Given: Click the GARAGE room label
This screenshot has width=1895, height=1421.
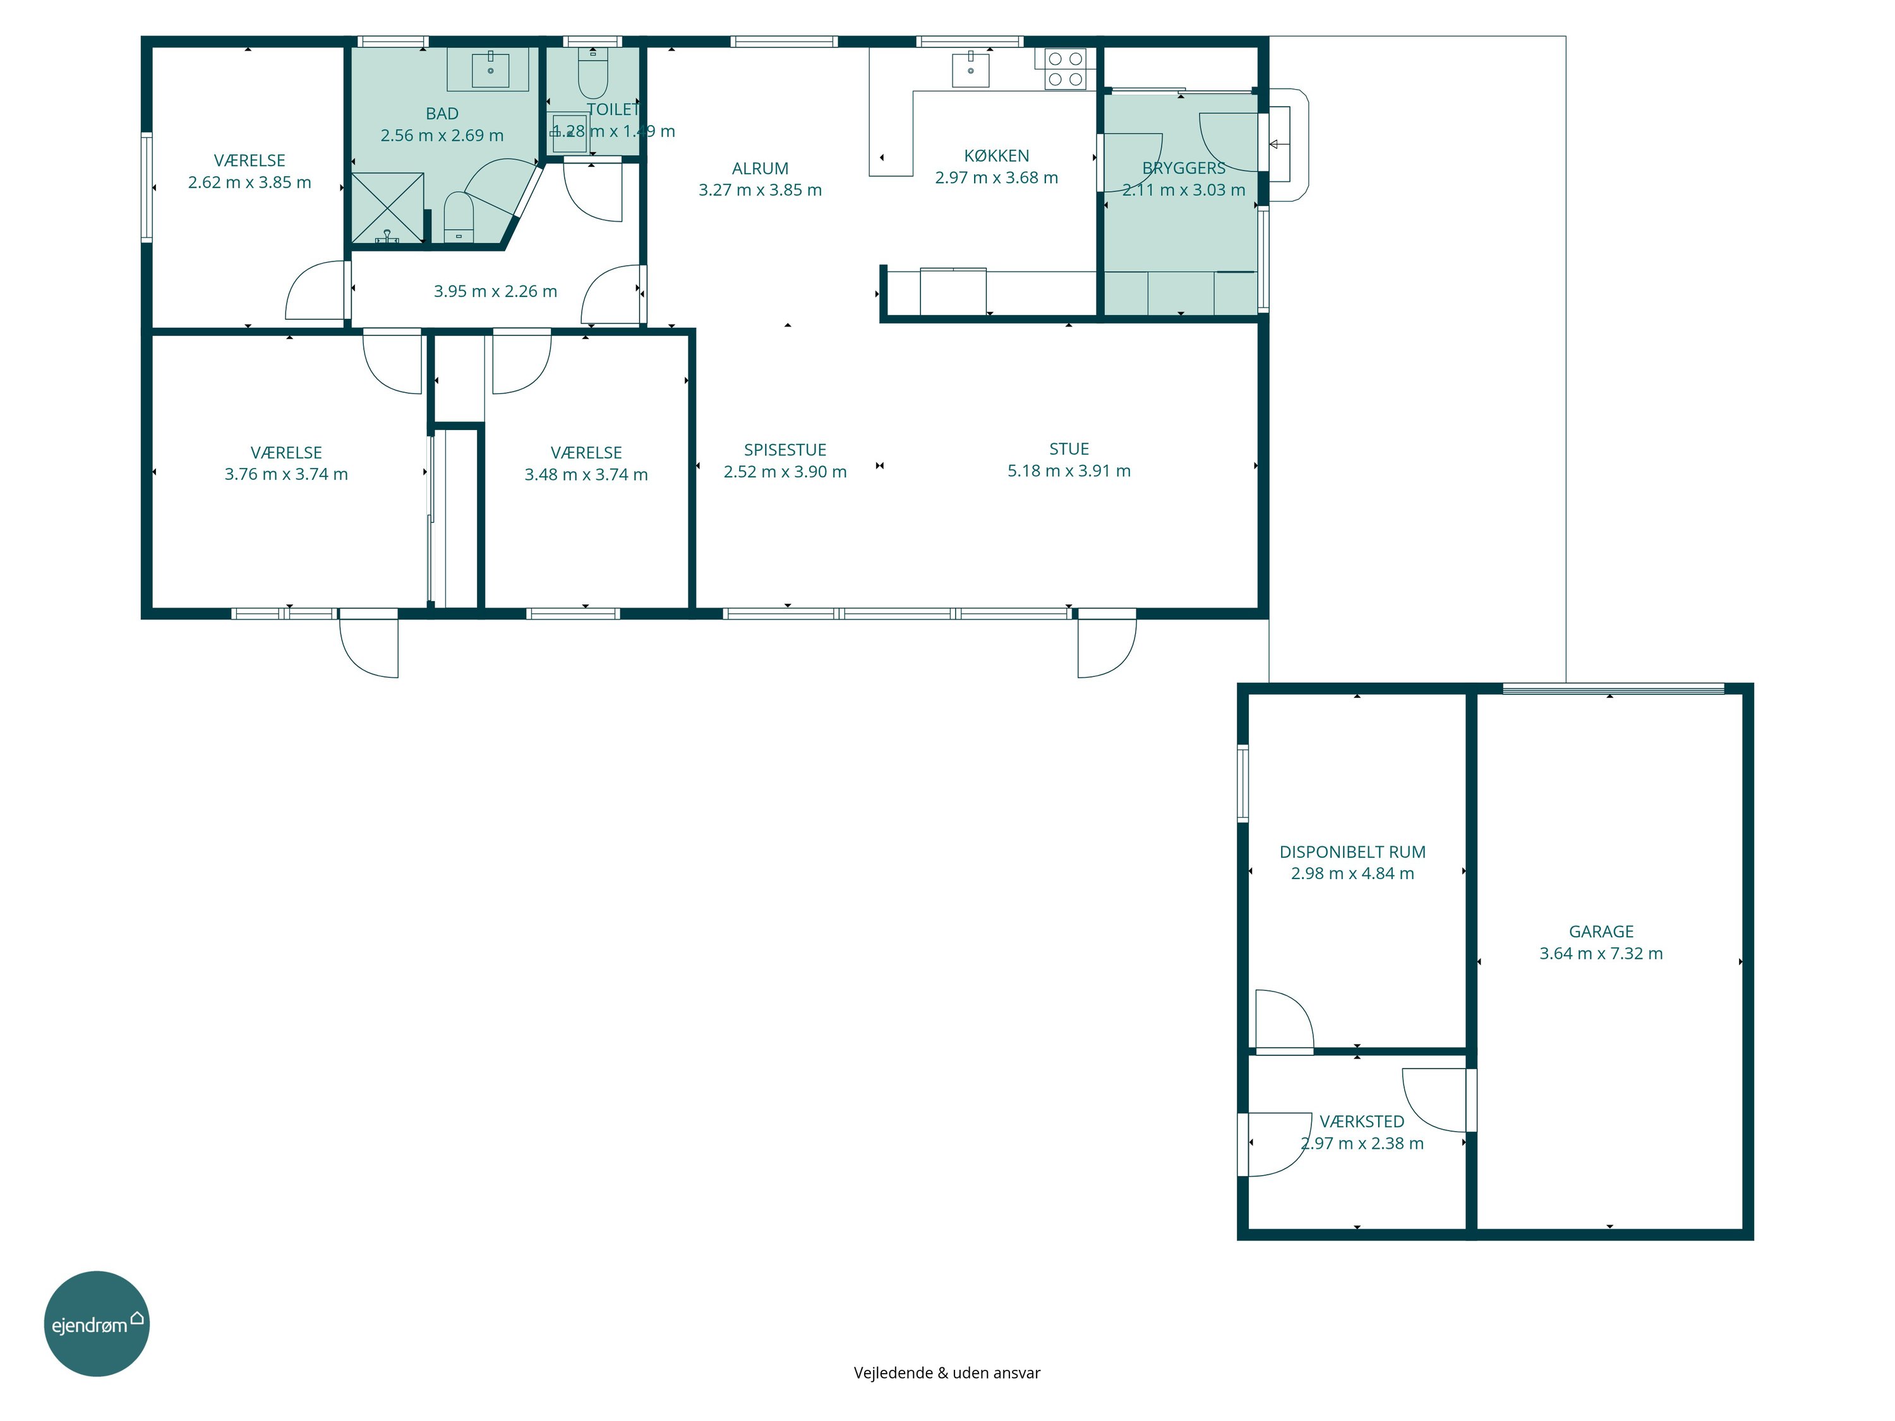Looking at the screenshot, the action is pyautogui.click(x=1600, y=931).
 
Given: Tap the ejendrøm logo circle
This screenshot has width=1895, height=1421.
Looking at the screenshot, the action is pyautogui.click(x=97, y=1323).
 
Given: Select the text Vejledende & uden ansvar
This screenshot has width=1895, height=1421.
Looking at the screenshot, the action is pyautogui.click(x=947, y=1373).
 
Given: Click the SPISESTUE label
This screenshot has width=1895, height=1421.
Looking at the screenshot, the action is pyautogui.click(x=785, y=450).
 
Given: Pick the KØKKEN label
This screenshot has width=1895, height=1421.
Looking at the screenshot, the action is pyautogui.click(x=996, y=156).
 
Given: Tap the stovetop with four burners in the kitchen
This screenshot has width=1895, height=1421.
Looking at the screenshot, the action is pyautogui.click(x=1066, y=69).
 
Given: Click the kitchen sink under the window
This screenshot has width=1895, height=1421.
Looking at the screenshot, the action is pyautogui.click(x=971, y=68).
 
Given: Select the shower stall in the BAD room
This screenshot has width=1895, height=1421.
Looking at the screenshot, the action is pyautogui.click(x=388, y=208).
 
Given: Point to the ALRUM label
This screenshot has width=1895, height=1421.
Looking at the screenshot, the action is pyautogui.click(x=760, y=169).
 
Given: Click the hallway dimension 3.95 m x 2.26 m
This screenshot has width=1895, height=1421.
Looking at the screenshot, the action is pyautogui.click(x=495, y=291).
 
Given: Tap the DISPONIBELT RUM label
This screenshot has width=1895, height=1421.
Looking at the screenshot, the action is pyautogui.click(x=1352, y=852).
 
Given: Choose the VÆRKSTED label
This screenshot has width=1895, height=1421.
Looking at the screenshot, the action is pyautogui.click(x=1361, y=1121).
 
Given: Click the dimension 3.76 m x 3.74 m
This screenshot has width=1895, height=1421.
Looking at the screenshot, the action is pyautogui.click(x=286, y=474).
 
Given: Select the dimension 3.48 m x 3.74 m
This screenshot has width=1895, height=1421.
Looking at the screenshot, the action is pyautogui.click(x=586, y=474).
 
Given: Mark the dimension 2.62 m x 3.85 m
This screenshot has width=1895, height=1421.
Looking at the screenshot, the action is pyautogui.click(x=250, y=183).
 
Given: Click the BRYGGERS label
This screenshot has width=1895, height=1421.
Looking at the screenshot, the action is pyautogui.click(x=1183, y=168).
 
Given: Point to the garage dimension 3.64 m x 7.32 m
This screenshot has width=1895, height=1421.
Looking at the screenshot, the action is pyautogui.click(x=1600, y=953).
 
